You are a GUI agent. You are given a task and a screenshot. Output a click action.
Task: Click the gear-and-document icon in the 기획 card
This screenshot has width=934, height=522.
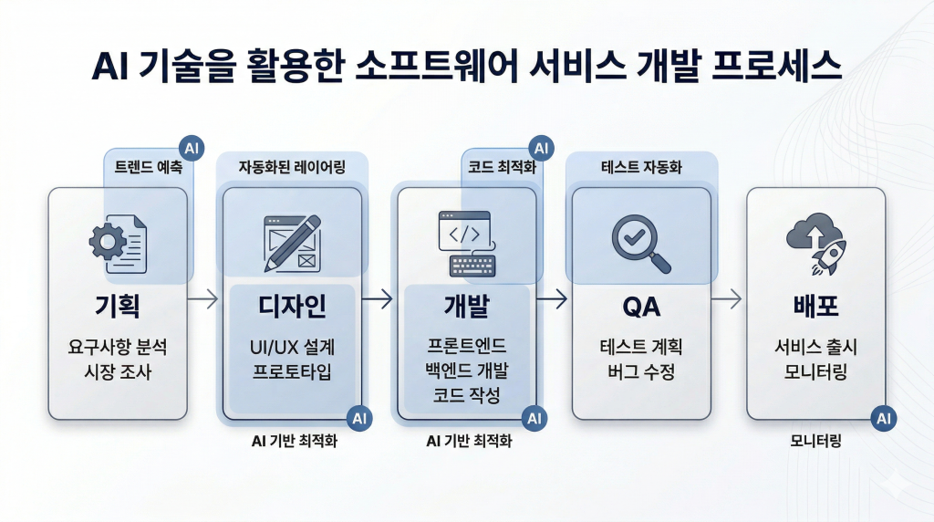click(x=118, y=239)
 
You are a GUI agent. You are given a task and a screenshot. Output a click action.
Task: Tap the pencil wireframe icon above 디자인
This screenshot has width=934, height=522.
click(x=291, y=242)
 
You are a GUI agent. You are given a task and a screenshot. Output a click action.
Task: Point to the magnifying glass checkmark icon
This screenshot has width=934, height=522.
click(x=640, y=242)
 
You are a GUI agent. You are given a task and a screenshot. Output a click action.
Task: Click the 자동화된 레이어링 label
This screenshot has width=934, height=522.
click(x=292, y=168)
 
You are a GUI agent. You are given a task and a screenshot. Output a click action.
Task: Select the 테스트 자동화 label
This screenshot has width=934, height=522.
click(x=641, y=168)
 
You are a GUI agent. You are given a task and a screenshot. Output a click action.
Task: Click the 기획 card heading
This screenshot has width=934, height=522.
click(x=118, y=307)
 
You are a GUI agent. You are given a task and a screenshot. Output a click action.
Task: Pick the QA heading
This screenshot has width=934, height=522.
click(x=640, y=307)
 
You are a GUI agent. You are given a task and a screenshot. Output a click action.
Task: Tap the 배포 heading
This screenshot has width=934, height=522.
click(x=815, y=307)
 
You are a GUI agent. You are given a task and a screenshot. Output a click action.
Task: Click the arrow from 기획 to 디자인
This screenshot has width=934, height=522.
click(x=205, y=298)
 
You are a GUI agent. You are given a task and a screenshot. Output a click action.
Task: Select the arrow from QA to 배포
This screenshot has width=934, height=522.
click(x=727, y=298)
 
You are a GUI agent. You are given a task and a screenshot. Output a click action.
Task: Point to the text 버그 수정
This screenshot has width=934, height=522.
click(x=640, y=371)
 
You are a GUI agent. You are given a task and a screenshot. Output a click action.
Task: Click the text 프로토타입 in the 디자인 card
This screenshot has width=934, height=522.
click(x=292, y=371)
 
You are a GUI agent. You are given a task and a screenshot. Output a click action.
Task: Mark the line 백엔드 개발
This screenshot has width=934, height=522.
click(x=466, y=370)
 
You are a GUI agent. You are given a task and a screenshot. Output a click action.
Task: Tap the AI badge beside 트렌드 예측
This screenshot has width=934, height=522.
click(x=191, y=148)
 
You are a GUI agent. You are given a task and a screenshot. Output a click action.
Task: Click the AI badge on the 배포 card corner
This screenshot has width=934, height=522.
click(x=883, y=419)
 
